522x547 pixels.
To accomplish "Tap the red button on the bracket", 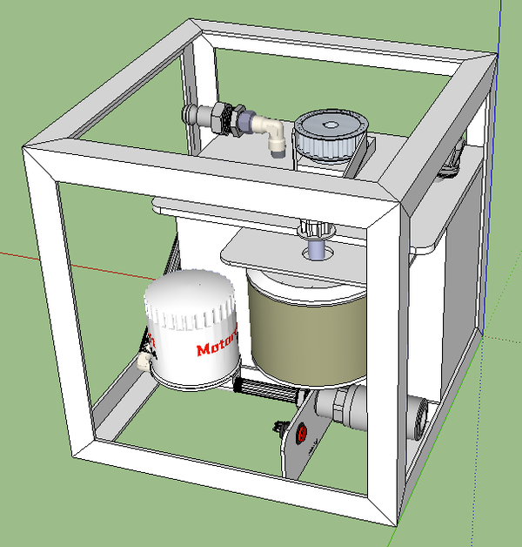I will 303,433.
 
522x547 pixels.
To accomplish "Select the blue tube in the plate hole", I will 318,249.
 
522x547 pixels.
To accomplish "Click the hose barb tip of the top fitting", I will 189,113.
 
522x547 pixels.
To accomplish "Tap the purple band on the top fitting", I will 246,122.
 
